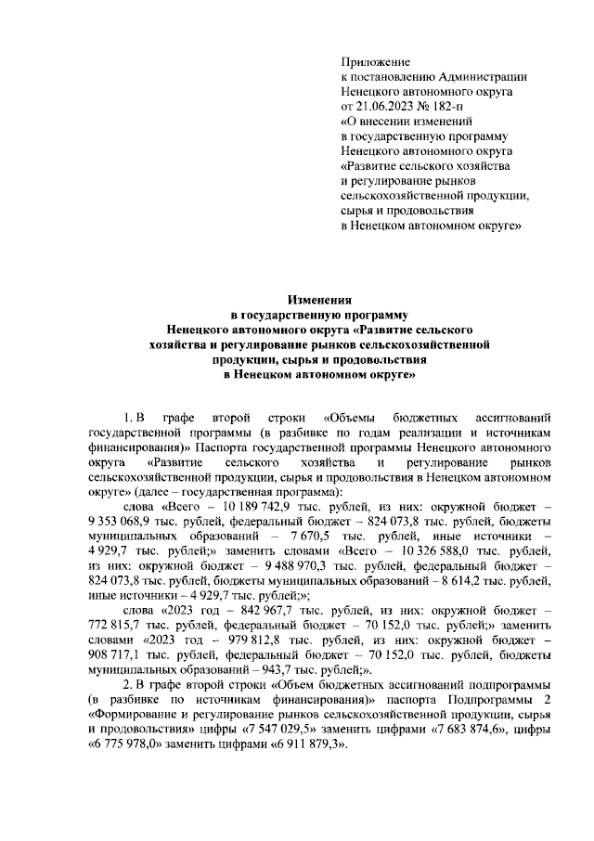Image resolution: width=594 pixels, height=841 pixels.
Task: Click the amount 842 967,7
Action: coord(252,612)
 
